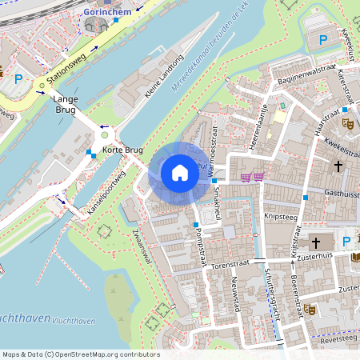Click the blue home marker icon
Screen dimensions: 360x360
point(180,173)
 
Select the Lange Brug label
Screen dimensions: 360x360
point(65,106)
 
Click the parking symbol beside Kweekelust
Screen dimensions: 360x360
point(323,38)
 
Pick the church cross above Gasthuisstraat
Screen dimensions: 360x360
point(338,166)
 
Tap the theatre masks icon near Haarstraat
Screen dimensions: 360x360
point(347,123)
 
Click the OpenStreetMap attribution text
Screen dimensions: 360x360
point(80,354)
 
